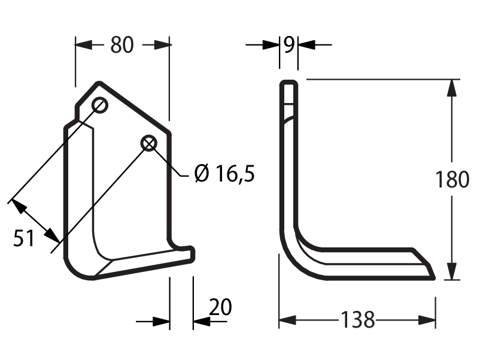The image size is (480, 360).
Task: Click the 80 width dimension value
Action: [x=122, y=45]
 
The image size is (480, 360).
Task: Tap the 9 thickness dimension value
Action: [x=288, y=45]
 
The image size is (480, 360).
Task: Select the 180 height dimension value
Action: [x=452, y=179]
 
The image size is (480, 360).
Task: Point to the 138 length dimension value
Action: [x=357, y=319]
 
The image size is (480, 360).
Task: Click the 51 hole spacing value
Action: [x=23, y=238]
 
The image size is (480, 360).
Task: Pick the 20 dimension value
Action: [x=220, y=307]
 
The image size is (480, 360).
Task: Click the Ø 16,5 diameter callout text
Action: [x=224, y=174]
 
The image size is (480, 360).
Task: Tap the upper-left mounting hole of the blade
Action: [x=100, y=105]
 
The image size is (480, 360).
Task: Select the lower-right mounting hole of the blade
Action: [x=149, y=143]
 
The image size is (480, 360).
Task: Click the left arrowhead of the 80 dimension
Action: [x=84, y=45]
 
